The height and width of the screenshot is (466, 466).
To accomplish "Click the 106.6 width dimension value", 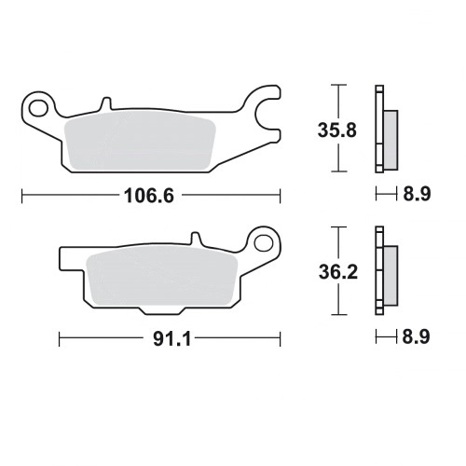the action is point(149,196).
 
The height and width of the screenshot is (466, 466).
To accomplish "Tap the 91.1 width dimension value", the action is point(171,338).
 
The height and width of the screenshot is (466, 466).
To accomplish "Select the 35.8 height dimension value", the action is point(337,130).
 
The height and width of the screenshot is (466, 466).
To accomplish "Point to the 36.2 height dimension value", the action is point(338,272).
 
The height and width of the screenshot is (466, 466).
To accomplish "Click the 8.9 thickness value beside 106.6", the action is point(417,195).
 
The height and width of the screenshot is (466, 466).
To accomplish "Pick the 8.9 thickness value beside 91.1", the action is point(416,336).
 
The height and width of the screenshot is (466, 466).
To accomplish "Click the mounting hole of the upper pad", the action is point(38,108).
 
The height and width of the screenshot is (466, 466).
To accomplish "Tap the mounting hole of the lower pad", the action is point(264,243).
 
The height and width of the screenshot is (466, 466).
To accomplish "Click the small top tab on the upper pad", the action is point(105,103).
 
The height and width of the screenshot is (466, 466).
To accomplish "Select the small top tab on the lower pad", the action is point(196,239).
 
